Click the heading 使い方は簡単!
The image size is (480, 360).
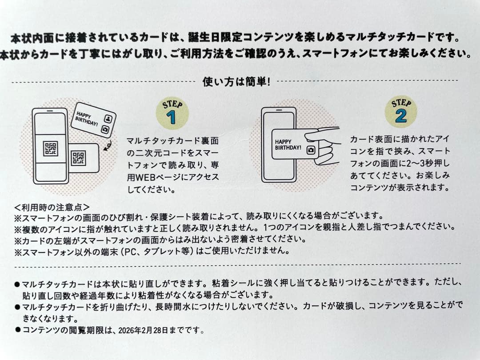(x=236, y=82)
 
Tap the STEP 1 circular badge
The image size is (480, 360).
(x=172, y=113)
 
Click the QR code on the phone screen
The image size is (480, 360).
(x=50, y=148)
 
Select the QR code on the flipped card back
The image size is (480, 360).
(x=78, y=158)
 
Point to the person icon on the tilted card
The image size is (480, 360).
(x=108, y=118)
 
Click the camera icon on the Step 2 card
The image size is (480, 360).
(x=311, y=149)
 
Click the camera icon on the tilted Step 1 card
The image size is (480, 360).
(x=105, y=129)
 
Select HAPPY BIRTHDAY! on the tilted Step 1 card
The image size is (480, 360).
(x=87, y=118)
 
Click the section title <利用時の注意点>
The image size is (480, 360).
(x=52, y=207)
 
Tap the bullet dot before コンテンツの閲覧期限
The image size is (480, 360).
(x=17, y=330)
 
